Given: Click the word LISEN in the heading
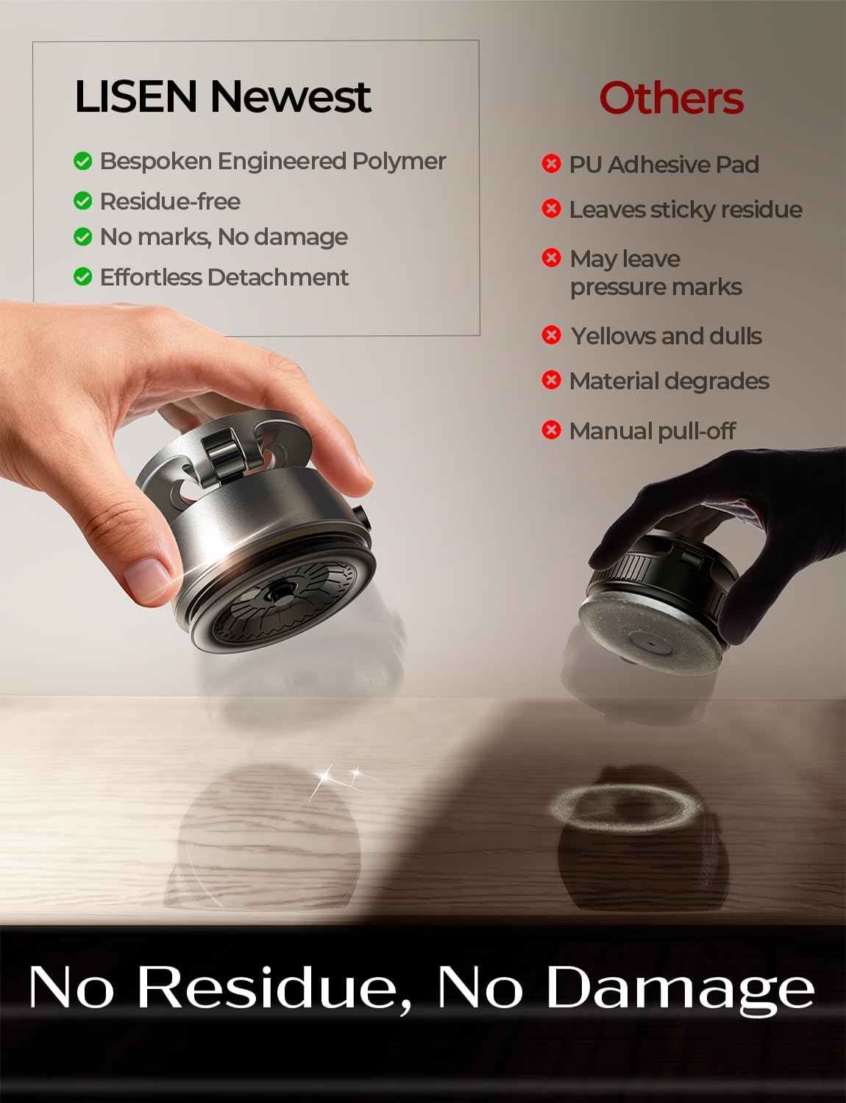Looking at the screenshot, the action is (135, 96).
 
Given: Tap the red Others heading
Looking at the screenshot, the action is (672, 98).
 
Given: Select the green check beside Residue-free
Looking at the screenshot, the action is (83, 201).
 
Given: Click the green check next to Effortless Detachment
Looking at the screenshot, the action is (83, 277).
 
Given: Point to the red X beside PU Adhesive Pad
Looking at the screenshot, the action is (552, 164).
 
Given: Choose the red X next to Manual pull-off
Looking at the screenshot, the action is (552, 430).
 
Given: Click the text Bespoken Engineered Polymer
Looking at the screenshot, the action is (273, 162).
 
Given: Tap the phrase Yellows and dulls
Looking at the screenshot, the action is (667, 336).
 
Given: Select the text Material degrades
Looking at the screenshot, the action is (669, 382).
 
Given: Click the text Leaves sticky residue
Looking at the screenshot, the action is (686, 210).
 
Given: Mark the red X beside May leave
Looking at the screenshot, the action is (552, 258).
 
